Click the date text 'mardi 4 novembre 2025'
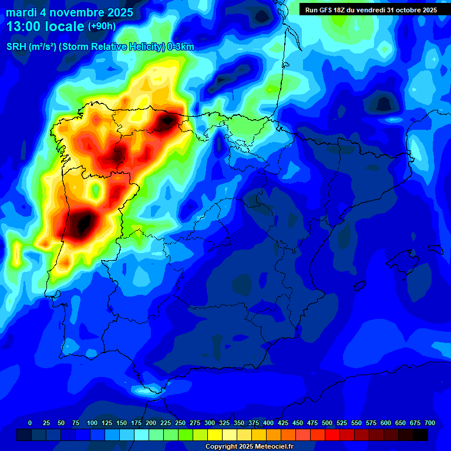[x=69, y=12]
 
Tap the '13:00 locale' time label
[x=46, y=26]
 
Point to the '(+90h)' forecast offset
[x=102, y=26]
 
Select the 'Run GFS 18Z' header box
[x=371, y=9]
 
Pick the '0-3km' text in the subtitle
[x=181, y=46]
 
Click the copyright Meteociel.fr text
[x=249, y=446]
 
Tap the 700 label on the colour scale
[x=429, y=423]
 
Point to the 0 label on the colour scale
[x=30, y=423]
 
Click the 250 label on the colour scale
[x=180, y=423]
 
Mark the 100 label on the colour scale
[x=92, y=423]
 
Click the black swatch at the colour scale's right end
[x=420, y=435]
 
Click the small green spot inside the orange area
[x=95, y=190]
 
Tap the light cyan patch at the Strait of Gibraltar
[x=143, y=389]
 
